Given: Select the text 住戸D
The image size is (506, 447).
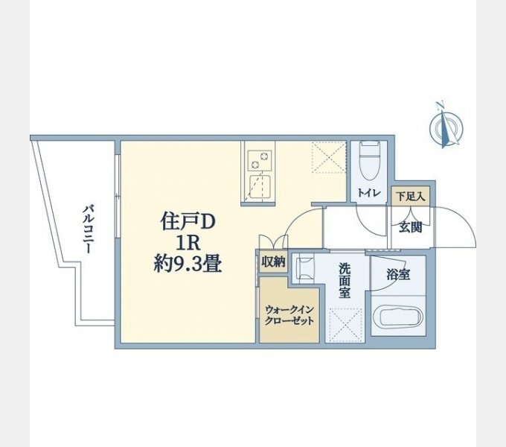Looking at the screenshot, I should (188, 221).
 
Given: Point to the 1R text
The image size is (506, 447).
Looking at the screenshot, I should (188, 242).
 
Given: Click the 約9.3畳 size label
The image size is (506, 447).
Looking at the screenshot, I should (188, 263).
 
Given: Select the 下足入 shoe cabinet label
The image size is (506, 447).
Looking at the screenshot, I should (410, 197).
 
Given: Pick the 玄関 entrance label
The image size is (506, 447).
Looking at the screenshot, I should (410, 226).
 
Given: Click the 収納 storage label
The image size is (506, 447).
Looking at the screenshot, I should (273, 261).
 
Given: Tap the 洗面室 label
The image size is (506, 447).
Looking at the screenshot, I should (345, 280).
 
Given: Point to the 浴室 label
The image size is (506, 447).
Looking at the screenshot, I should (397, 273).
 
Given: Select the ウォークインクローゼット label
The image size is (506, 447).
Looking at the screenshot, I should (289, 315).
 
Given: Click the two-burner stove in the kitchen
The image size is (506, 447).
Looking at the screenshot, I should (257, 159).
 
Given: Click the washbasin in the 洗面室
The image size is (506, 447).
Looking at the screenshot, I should (304, 268).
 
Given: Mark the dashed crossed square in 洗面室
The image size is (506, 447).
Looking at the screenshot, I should (344, 325).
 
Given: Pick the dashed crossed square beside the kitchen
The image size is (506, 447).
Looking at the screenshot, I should (329, 158).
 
